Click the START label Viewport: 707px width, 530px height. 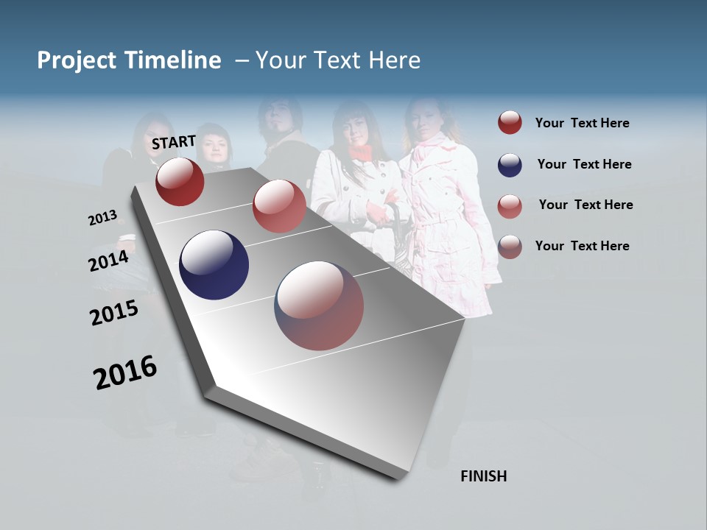174,142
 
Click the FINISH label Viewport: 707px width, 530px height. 483,476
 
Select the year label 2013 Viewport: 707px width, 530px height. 102,218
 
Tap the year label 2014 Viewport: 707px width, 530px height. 108,261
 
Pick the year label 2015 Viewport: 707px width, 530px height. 114,313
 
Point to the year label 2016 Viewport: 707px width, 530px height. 125,372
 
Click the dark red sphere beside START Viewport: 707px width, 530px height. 180,181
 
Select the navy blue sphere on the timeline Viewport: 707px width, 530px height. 214,265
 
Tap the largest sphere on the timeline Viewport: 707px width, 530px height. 319,305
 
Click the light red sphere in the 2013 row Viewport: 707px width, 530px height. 279,206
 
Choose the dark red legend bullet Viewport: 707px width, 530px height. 510,123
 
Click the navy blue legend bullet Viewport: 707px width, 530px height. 510,165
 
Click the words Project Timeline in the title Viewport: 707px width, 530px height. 129,60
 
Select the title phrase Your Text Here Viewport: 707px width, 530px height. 338,60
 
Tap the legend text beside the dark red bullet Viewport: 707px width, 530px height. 582,123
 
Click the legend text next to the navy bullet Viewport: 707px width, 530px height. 584,164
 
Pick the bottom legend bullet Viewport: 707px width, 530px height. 510,247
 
